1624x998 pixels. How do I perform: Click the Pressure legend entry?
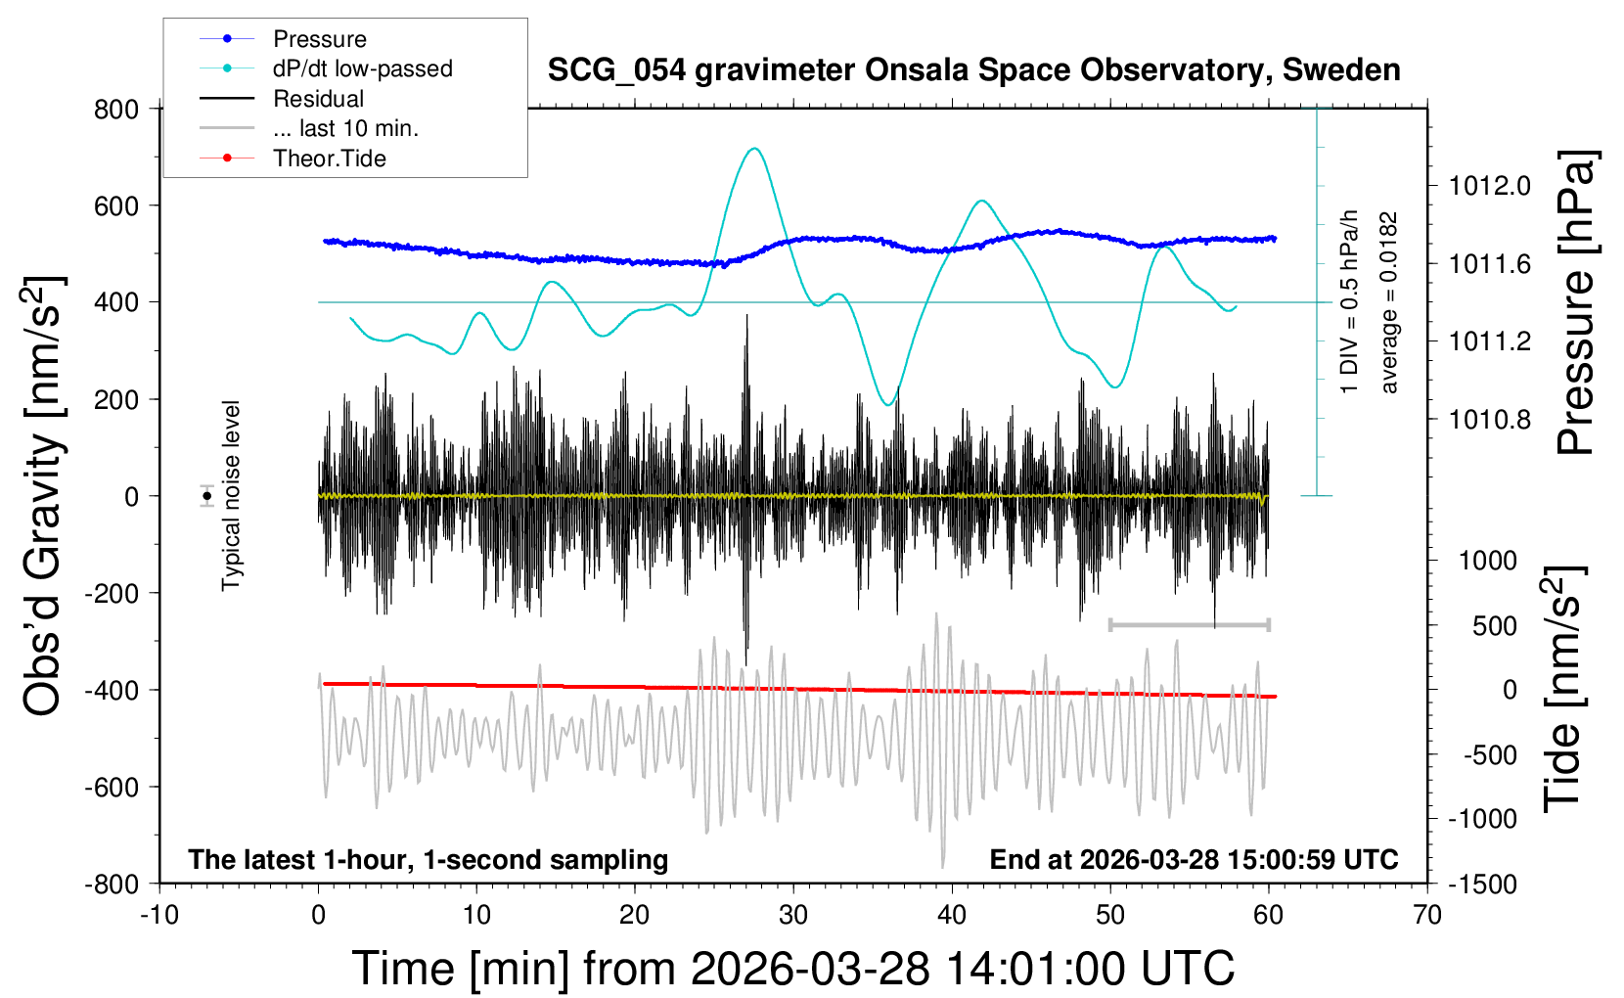[x=319, y=39]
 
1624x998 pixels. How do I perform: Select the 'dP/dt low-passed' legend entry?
[x=362, y=68]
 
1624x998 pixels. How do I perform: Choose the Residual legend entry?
[x=318, y=99]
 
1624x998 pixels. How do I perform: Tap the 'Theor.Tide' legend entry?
[x=329, y=159]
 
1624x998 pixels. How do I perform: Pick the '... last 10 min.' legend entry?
[x=345, y=128]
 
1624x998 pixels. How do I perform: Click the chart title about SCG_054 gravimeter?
[x=973, y=70]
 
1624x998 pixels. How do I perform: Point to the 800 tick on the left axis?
[x=116, y=109]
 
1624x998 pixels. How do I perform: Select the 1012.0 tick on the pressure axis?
[x=1490, y=186]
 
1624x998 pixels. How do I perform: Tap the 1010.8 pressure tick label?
[x=1490, y=420]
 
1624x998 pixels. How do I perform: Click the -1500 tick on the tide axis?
[x=1482, y=885]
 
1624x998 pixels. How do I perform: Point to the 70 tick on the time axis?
[x=1427, y=916]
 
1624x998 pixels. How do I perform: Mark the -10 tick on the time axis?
[x=159, y=916]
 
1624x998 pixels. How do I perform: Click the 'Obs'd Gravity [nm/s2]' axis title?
[x=44, y=496]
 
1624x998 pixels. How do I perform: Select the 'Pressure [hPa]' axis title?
[x=1576, y=302]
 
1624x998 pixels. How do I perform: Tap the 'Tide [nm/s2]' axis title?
[x=1562, y=689]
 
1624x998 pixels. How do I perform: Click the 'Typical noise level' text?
[x=231, y=495]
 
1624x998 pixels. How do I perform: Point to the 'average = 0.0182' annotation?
[x=1389, y=302]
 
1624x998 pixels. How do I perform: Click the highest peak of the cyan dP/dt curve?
[x=753, y=149]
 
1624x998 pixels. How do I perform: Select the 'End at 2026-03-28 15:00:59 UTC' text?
[x=1194, y=860]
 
